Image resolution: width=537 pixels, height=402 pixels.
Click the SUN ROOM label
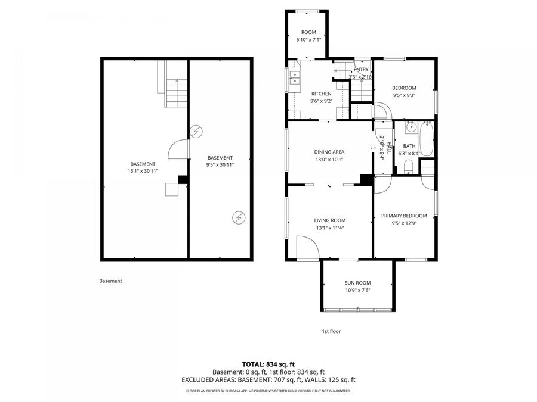(x=357, y=283)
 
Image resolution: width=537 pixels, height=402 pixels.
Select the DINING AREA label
(x=329, y=152)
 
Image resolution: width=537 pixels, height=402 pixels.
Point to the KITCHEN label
(x=321, y=94)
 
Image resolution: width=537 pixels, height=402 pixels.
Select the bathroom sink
(x=410, y=127)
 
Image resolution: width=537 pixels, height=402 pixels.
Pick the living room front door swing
(x=306, y=247)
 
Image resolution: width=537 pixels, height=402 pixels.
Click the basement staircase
(x=176, y=93)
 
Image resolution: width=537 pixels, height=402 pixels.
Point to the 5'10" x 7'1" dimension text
(x=308, y=40)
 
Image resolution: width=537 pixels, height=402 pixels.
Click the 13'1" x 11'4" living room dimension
(x=329, y=228)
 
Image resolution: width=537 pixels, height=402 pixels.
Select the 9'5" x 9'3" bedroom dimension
(x=404, y=95)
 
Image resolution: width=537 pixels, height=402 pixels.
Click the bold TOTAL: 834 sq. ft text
(x=268, y=363)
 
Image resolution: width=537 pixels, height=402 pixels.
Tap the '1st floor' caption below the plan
(x=331, y=331)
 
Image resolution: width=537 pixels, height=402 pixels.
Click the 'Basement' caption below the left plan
(x=110, y=281)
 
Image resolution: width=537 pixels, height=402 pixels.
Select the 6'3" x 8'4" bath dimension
(x=409, y=153)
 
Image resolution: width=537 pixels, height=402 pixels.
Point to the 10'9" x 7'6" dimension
(x=357, y=291)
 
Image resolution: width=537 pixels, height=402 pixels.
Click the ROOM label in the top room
(x=308, y=32)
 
